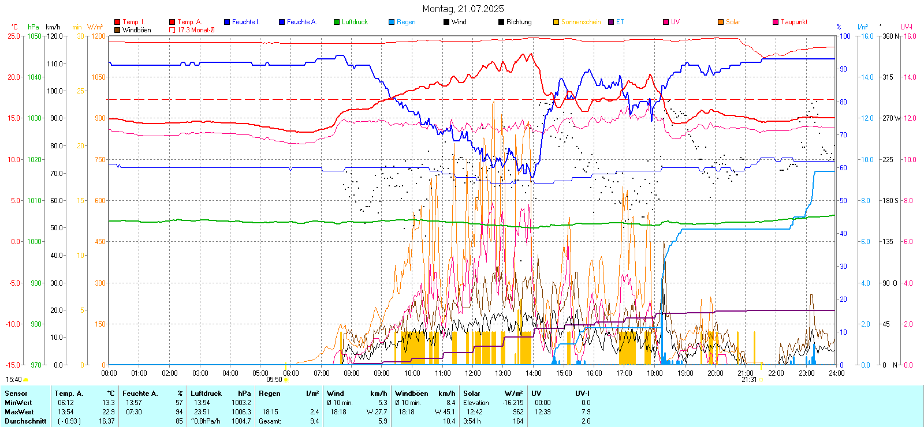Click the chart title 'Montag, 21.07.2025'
pos(463,9)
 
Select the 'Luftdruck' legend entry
pos(354,22)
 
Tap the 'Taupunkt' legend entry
pos(793,22)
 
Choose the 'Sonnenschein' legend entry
pos(580,22)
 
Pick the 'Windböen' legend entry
pos(136,30)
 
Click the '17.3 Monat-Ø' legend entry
pos(195,30)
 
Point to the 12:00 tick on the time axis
pos(472,373)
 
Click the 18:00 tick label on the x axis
pos(654,373)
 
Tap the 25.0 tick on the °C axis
pos(14,36)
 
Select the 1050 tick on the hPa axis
pos(34,36)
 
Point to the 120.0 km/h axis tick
pos(55,36)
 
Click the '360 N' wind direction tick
pos(891,36)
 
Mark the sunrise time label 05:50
pos(274,380)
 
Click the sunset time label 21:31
pos(749,380)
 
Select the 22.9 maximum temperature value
pos(109,412)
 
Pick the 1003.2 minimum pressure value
pos(241,403)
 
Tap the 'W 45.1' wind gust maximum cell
pos(445,412)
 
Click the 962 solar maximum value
pos(518,412)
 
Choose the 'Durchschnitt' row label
pos(25,421)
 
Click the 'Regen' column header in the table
pos(270,394)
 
